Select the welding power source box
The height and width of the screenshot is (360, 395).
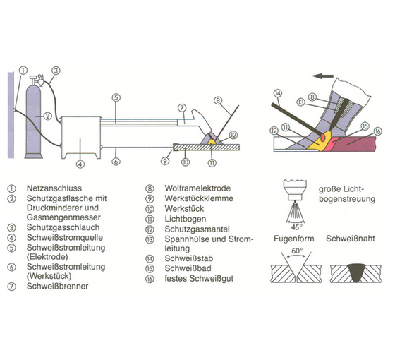click(x=81, y=138)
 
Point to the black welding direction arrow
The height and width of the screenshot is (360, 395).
click(x=323, y=76)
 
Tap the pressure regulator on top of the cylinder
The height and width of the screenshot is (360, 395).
click(x=38, y=80)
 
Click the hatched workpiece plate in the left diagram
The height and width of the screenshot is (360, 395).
click(x=207, y=148)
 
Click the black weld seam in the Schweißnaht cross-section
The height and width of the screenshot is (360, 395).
click(x=356, y=272)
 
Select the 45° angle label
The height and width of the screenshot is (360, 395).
click(x=296, y=227)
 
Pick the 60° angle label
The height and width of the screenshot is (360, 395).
click(x=297, y=251)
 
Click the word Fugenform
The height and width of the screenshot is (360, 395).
click(x=293, y=239)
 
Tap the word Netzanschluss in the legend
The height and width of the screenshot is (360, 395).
click(x=54, y=188)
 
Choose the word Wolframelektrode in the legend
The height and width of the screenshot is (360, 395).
click(x=197, y=188)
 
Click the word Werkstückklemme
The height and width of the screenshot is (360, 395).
click(x=199, y=198)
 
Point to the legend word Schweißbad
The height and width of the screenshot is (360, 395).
click(x=188, y=268)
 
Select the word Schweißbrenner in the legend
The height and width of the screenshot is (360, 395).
click(x=57, y=287)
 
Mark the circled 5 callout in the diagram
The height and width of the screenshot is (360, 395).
click(x=116, y=97)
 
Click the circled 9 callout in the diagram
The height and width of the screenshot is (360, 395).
click(x=165, y=161)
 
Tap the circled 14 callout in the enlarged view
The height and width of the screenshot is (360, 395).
click(x=278, y=93)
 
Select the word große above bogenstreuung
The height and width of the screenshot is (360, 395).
click(x=327, y=189)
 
